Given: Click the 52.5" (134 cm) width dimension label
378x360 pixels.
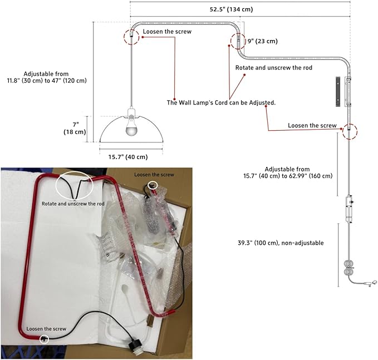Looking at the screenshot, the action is [x=231, y=9].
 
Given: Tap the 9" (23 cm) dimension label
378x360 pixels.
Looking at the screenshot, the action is [x=263, y=41].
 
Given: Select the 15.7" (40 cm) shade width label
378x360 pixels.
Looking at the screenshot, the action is [x=128, y=157].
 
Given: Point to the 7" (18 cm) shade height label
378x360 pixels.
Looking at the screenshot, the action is [x=75, y=128].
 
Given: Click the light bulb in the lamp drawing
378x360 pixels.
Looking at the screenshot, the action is [x=131, y=126].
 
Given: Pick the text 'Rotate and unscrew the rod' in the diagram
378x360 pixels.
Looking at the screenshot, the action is [x=273, y=68].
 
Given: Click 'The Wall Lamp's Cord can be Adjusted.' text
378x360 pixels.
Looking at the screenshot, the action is [x=221, y=102].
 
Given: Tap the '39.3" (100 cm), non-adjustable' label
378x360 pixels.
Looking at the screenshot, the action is [x=281, y=243].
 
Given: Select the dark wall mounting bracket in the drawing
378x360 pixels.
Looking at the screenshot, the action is [x=338, y=92].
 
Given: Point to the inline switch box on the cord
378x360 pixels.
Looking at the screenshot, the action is [x=349, y=209].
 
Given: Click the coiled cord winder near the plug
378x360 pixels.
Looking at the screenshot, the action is [x=348, y=268].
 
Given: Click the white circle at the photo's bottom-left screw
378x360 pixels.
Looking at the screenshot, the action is [x=44, y=339].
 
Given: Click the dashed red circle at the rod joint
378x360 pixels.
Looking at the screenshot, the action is [x=238, y=41].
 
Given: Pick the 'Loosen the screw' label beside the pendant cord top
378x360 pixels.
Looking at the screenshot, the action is [x=167, y=32].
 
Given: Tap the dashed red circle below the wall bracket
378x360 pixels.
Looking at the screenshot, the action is [x=350, y=131].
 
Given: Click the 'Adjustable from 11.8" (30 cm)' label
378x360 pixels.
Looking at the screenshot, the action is [x=47, y=77].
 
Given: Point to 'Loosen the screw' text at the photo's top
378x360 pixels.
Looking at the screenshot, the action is [x=154, y=175].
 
